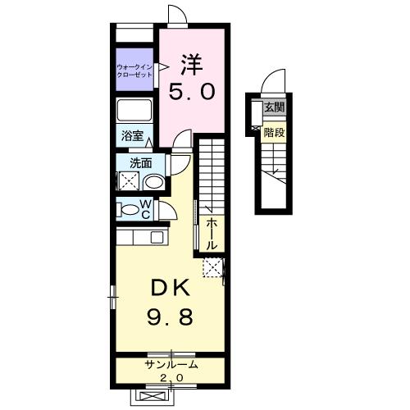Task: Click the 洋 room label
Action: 192,65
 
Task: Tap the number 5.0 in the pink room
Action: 192,92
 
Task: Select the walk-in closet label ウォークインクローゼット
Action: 134,71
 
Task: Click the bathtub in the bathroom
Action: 134,110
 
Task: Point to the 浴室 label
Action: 132,135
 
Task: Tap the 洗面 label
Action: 140,163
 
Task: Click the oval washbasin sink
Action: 153,182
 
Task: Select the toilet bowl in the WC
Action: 130,210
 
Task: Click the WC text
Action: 146,209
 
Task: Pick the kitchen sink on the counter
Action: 157,237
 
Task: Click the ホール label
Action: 212,235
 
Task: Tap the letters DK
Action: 170,289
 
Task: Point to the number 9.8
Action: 170,317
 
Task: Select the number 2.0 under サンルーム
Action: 171,378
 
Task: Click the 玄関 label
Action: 275,107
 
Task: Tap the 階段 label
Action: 274,133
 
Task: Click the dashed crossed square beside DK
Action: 212,267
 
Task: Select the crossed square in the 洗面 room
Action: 129,180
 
